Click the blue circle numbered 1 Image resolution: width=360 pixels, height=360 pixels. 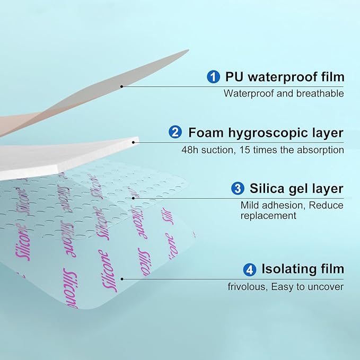tap(214, 77)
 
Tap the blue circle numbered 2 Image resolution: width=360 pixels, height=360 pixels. tap(175, 133)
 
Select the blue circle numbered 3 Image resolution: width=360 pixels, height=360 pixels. tap(238, 189)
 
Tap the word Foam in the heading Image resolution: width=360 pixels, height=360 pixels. tap(205, 133)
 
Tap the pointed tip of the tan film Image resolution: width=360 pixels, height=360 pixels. tap(188, 51)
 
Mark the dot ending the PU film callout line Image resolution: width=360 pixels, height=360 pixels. tap(122, 86)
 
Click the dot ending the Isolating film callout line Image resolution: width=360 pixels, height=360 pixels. tap(122, 278)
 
